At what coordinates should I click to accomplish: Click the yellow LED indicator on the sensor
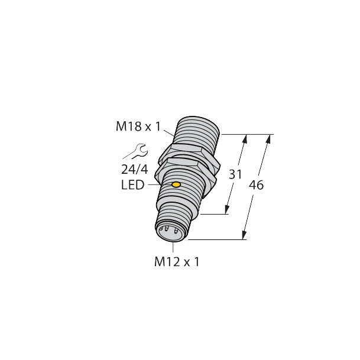point(176,186)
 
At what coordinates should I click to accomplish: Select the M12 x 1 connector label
point(177,262)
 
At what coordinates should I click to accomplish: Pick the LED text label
point(132,186)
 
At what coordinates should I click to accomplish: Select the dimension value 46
point(256,184)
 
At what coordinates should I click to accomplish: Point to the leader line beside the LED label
point(153,186)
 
